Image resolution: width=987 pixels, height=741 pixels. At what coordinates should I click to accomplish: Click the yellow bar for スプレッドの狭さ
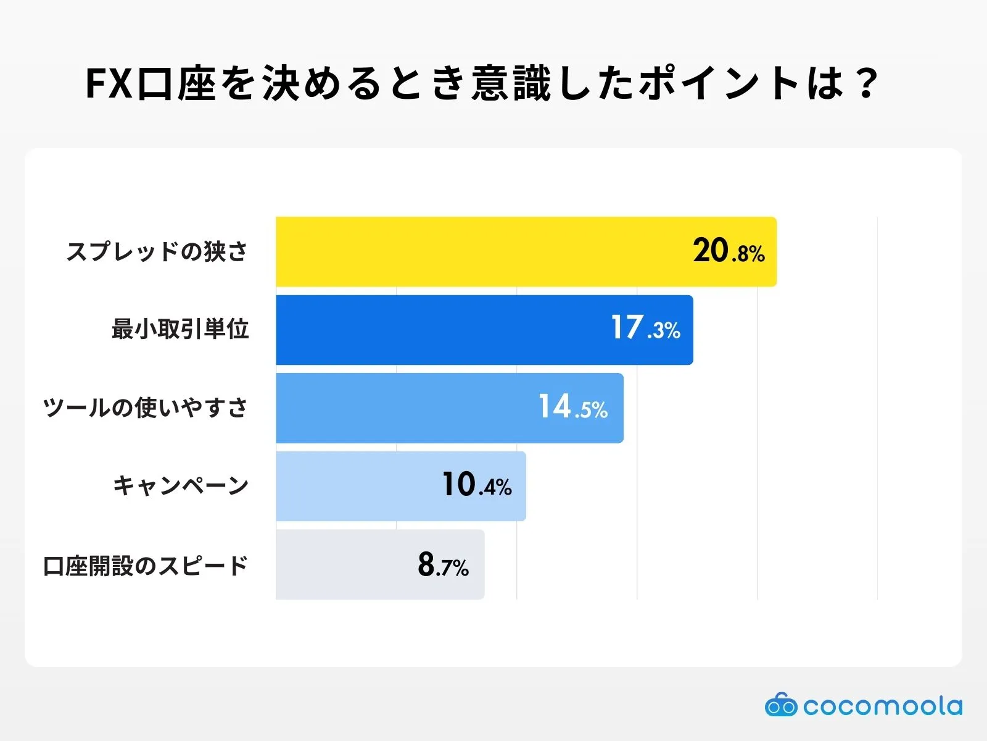pos(481,251)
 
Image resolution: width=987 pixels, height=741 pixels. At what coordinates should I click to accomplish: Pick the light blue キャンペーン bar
pos(358,486)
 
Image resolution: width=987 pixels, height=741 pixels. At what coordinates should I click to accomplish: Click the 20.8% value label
pos(729,251)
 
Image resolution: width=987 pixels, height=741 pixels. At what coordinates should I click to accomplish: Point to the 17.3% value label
pos(645,328)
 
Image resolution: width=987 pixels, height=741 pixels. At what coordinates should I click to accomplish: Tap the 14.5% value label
pos(573,408)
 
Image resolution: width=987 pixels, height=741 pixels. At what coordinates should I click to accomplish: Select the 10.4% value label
pos(477,485)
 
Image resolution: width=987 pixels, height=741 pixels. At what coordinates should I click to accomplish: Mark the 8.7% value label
pos(443,564)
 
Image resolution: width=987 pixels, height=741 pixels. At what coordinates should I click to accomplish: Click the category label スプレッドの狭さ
pos(157,252)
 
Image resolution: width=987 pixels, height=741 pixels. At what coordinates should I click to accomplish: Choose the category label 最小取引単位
pos(180,329)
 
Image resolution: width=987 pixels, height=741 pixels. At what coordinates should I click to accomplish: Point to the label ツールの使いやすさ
pos(145,408)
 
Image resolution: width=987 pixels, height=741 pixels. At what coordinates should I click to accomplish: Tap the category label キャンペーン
pos(180,485)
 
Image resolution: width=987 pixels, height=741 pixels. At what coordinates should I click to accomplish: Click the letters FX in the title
pos(109,83)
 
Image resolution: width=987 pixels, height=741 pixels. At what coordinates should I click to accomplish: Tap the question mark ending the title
pos(866,83)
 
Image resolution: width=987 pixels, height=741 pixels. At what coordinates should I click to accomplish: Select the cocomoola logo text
pos(882,706)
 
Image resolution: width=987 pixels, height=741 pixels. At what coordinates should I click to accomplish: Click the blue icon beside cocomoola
pos(781,705)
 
